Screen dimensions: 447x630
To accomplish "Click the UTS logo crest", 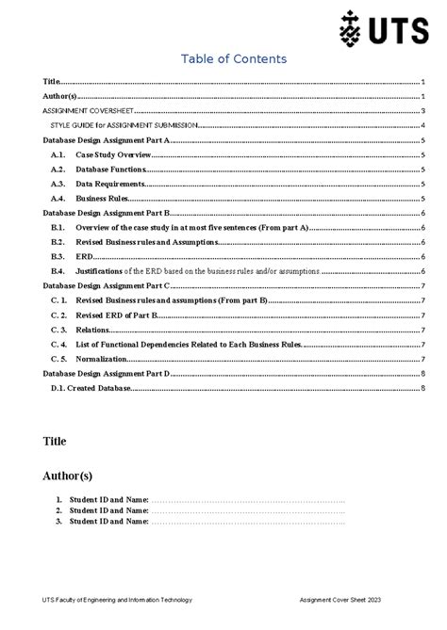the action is [350, 31].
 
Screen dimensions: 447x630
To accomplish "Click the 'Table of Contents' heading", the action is [234, 59].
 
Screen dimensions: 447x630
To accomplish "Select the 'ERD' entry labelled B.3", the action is [84, 256].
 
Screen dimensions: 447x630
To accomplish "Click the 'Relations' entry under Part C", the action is [93, 330].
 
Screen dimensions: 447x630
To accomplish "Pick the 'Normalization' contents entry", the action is [101, 359].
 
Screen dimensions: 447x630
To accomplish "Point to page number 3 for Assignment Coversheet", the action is [424, 110].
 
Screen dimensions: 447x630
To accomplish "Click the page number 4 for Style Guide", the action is [424, 124].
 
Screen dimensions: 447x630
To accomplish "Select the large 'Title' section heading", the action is [56, 440].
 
